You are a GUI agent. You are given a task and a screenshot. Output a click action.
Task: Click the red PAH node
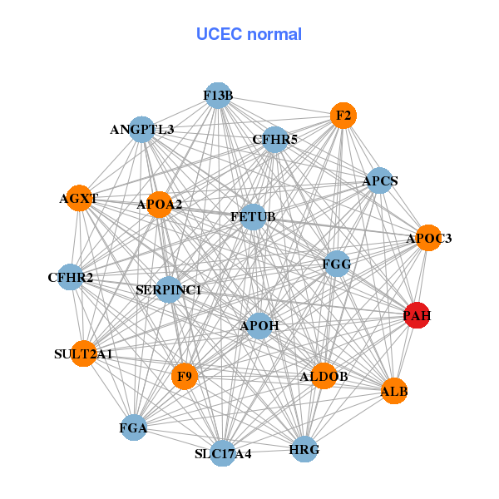(416, 315)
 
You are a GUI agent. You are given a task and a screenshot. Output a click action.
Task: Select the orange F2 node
(343, 116)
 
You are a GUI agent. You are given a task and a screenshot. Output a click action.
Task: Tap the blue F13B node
(217, 96)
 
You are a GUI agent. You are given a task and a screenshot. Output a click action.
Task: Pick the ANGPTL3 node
(142, 130)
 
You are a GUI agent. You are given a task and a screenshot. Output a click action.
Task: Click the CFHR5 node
(274, 139)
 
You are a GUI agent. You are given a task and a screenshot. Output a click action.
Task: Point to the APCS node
(379, 180)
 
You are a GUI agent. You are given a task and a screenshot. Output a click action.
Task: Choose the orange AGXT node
(78, 198)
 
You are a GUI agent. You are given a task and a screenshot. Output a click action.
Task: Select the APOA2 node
(160, 204)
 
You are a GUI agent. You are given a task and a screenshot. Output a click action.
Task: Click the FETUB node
(253, 217)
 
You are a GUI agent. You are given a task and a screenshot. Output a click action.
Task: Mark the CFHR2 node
(71, 277)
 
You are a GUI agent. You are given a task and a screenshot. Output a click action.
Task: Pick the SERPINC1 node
(169, 289)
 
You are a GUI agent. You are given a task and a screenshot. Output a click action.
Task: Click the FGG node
(337, 264)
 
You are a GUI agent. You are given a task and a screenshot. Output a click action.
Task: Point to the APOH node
(259, 324)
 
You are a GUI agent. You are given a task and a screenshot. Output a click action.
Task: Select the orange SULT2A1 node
(83, 353)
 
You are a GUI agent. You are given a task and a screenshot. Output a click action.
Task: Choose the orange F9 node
(185, 377)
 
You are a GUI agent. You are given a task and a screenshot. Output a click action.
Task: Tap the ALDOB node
(324, 377)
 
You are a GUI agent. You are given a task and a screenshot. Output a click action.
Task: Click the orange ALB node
(393, 390)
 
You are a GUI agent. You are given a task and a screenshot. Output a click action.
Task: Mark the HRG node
(304, 449)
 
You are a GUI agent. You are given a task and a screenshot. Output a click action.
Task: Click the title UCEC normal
(249, 34)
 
